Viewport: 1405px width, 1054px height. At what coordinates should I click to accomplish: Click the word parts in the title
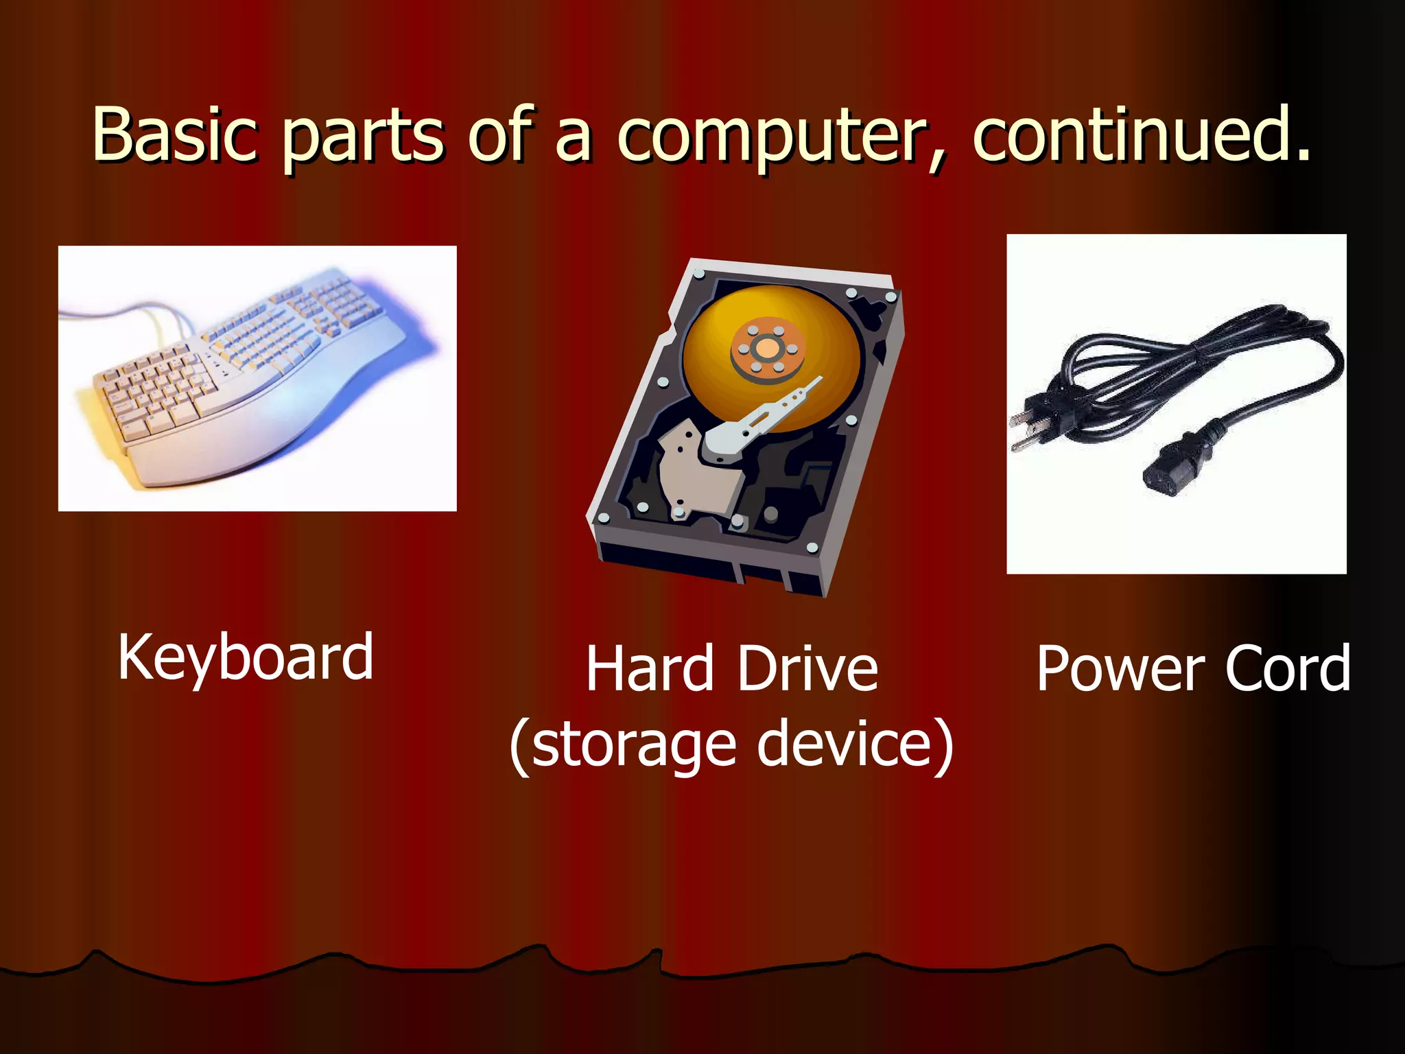[x=364, y=137]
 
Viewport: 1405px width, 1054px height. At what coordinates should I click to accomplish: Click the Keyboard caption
[x=246, y=657]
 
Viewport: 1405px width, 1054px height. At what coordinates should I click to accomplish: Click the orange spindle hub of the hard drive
[x=767, y=349]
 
